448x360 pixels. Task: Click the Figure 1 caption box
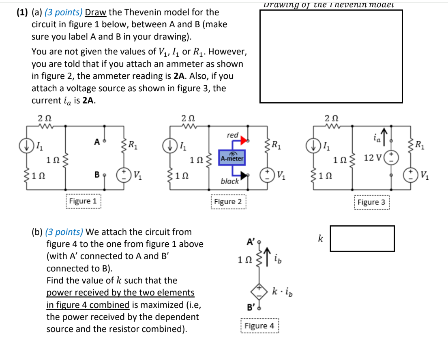click(x=83, y=201)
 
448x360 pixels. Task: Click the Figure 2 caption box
click(x=228, y=202)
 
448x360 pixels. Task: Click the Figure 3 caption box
click(x=371, y=202)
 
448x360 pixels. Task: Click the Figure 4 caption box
click(x=259, y=326)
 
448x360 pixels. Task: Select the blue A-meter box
click(x=231, y=158)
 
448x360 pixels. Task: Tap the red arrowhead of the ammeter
click(x=244, y=140)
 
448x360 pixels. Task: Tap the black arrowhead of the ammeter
click(x=243, y=175)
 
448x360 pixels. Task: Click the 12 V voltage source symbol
click(x=392, y=157)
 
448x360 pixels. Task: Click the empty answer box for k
click(x=362, y=239)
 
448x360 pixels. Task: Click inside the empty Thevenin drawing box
click(x=331, y=56)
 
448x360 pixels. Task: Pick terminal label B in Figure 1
click(x=97, y=175)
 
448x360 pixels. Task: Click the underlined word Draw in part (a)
click(x=94, y=12)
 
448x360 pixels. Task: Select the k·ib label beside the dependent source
click(x=281, y=291)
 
